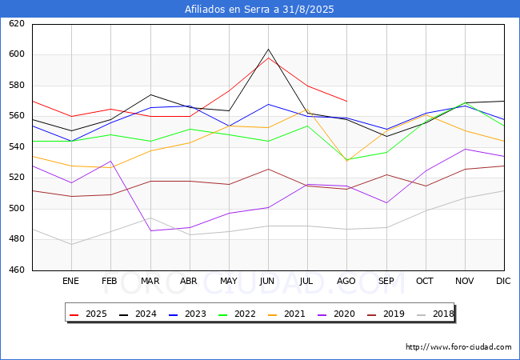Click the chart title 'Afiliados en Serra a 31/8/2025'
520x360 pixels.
259,10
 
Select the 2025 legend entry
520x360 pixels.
88,314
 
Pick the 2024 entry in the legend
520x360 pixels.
138,314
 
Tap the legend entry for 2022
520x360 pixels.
237,314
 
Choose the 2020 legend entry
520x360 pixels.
336,314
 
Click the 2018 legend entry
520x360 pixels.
435,314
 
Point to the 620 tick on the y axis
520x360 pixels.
17,23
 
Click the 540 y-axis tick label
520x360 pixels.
17,146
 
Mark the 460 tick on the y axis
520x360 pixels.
17,270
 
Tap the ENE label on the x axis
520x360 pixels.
70,281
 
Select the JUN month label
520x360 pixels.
267,281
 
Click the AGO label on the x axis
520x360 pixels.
346,281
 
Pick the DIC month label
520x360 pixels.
503,281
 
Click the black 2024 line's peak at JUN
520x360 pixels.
268,49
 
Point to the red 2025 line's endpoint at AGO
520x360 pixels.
347,101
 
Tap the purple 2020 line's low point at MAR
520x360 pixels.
151,230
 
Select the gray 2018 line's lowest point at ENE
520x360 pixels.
72,245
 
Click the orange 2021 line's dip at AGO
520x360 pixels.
347,161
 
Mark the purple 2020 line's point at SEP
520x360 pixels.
386,203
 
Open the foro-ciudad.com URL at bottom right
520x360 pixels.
458,347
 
